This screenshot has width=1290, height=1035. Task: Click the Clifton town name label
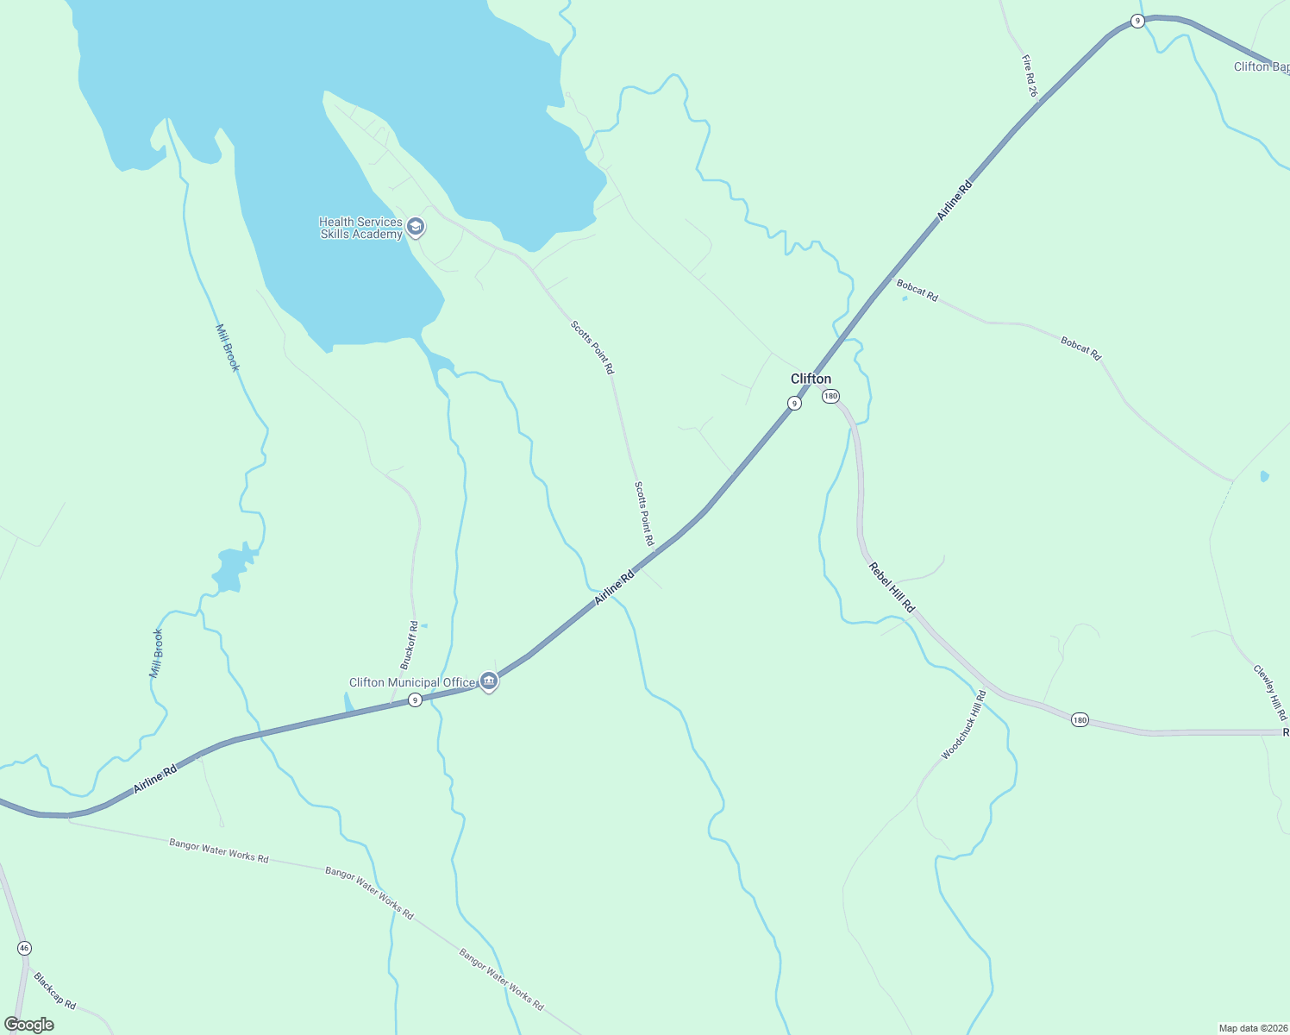(x=811, y=379)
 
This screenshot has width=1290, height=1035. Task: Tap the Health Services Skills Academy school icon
(x=416, y=227)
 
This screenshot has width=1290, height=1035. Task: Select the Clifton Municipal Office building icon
(x=489, y=681)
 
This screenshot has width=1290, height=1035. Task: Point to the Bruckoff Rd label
(x=409, y=645)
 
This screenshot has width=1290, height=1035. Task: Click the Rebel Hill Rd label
(x=892, y=587)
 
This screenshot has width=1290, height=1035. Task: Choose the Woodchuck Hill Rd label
(x=963, y=725)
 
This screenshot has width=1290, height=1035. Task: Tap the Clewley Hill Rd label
(x=1270, y=692)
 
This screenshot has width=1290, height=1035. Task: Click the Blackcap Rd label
(x=55, y=991)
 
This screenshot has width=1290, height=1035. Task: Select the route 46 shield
(x=24, y=948)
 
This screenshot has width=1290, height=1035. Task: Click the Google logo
(x=28, y=1025)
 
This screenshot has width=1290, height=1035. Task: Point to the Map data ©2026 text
(x=1252, y=1028)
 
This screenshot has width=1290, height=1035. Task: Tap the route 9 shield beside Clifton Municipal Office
(x=415, y=700)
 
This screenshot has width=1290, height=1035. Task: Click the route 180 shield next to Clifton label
(x=830, y=396)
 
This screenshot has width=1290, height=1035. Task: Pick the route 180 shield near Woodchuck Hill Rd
(x=1080, y=719)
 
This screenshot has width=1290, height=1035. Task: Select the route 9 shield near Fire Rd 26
(x=1137, y=22)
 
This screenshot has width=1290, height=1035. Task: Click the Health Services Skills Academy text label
(x=360, y=228)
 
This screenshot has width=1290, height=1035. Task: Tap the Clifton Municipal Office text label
(x=411, y=682)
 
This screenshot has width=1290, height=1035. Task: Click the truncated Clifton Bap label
(x=1262, y=66)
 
